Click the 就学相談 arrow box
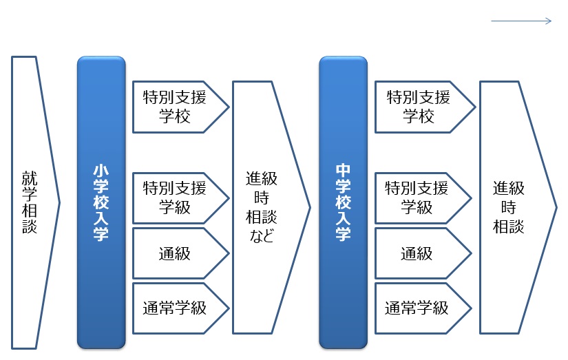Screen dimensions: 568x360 (35, 202)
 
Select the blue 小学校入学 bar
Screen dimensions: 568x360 (101, 202)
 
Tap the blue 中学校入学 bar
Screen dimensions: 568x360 (343, 202)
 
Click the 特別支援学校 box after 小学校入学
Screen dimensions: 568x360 (180, 107)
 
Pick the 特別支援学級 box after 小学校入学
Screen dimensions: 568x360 (180, 198)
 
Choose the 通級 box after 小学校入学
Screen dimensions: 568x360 (180, 253)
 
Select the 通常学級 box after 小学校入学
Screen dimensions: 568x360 (180, 308)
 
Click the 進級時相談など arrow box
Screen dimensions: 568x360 (271, 207)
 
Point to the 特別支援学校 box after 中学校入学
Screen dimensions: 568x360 (425, 107)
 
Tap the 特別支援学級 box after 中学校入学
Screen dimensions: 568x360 (423, 198)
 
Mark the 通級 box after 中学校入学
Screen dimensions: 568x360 (423, 253)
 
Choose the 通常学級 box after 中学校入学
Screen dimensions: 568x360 (423, 308)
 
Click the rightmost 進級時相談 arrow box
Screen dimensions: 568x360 (518, 207)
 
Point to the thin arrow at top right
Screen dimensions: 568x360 (521, 21)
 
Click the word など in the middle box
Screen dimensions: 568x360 (261, 236)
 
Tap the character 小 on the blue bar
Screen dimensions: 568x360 (101, 171)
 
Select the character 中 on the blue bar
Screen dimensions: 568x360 (343, 171)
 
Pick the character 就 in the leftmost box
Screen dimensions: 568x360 (30, 178)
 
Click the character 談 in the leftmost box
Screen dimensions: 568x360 (30, 226)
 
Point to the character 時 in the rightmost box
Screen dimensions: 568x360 (509, 207)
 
